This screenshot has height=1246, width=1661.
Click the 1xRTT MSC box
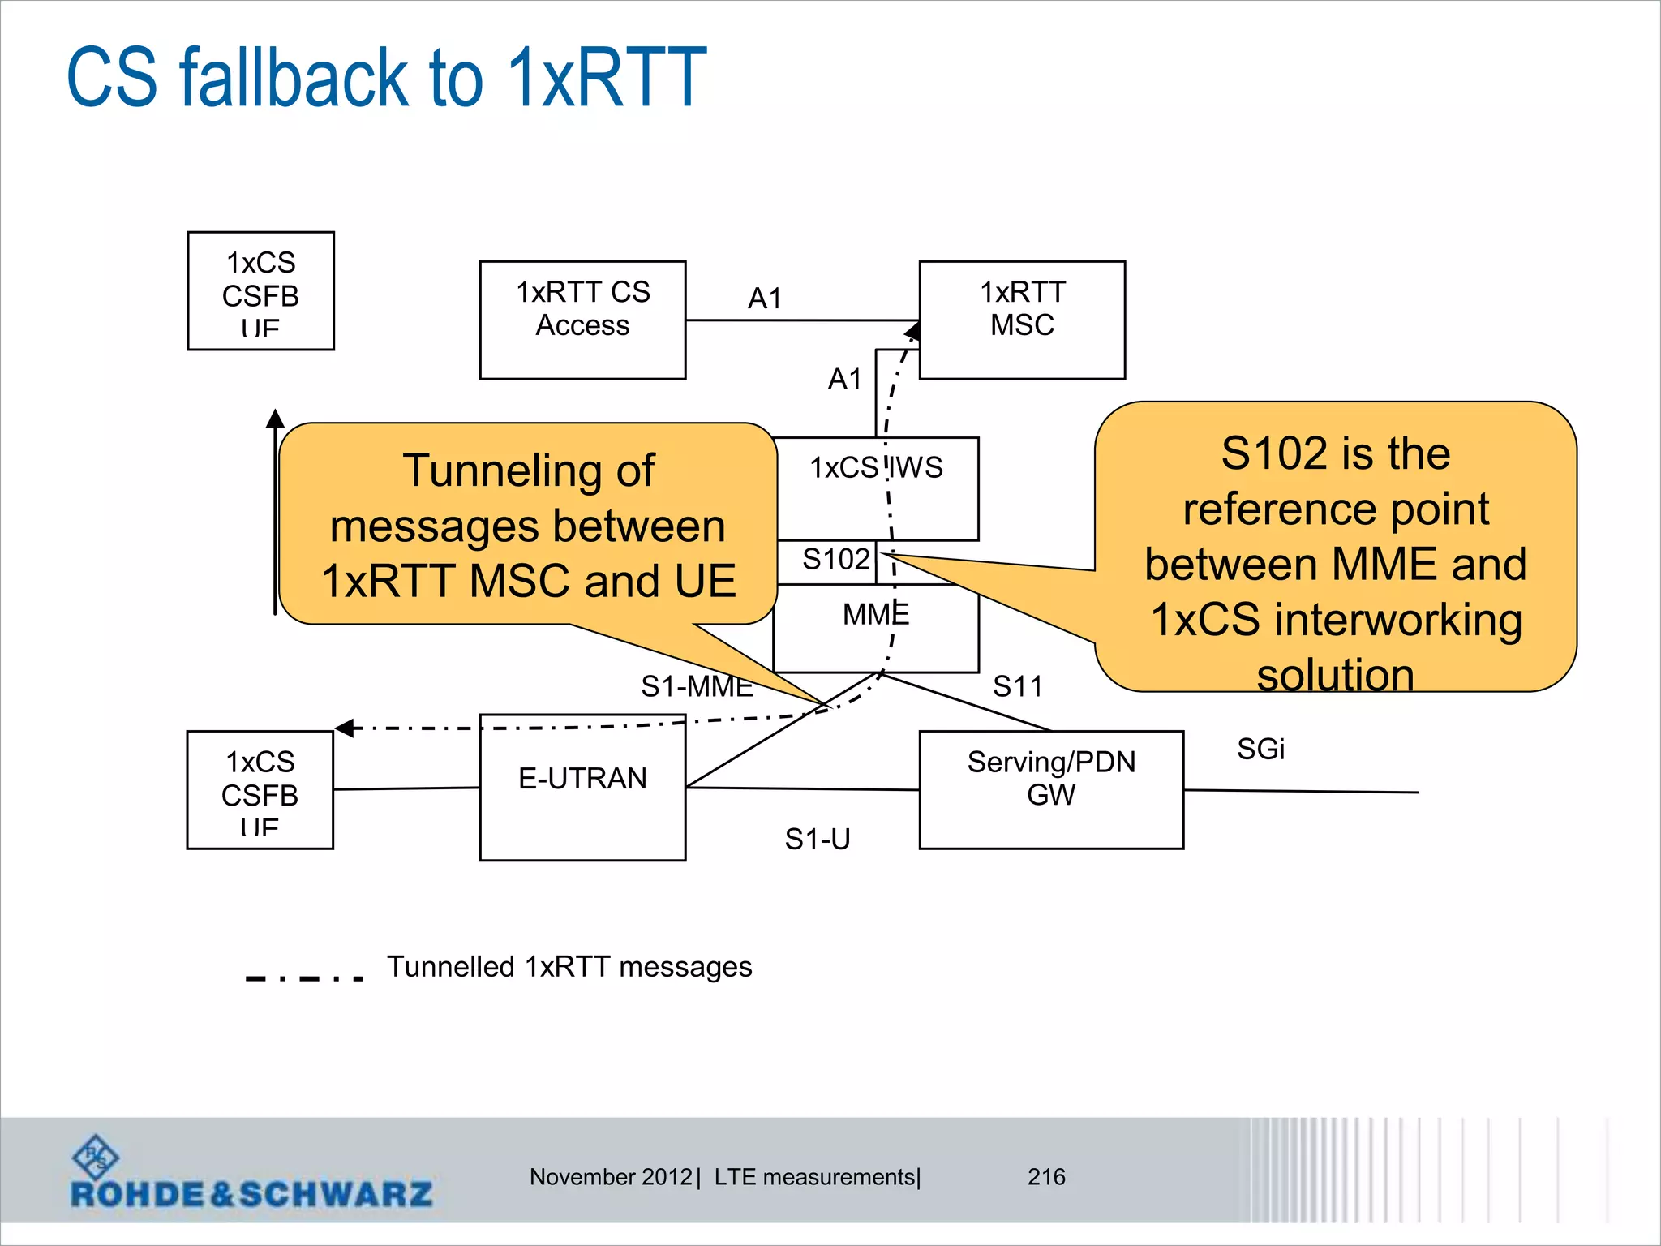pyautogui.click(x=1022, y=320)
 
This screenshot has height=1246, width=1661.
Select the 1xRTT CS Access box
pyautogui.click(x=582, y=320)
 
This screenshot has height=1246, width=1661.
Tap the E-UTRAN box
pyautogui.click(x=582, y=787)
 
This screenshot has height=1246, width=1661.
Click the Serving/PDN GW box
pyautogui.click(x=1051, y=789)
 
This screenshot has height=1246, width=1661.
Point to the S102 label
pyautogui.click(x=835, y=560)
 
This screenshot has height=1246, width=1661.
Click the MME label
pyautogui.click(x=876, y=615)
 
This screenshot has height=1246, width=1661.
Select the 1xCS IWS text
pyautogui.click(x=876, y=468)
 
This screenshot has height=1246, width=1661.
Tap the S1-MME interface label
pyautogui.click(x=697, y=687)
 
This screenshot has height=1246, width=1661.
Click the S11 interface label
pyautogui.click(x=1017, y=687)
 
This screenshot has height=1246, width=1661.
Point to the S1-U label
pyautogui.click(x=818, y=839)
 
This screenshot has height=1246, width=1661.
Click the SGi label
pyautogui.click(x=1260, y=749)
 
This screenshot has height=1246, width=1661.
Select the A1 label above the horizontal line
pyautogui.click(x=765, y=299)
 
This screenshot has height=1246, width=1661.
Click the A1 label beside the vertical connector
pyautogui.click(x=844, y=379)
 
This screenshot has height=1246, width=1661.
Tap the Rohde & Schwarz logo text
pyautogui.click(x=251, y=1194)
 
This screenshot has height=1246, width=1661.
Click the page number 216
pyautogui.click(x=1046, y=1177)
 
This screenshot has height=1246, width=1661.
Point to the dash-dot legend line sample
pyautogui.click(x=304, y=978)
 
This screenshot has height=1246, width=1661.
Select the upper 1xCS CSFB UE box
pyautogui.click(x=260, y=291)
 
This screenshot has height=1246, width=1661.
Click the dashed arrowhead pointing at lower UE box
pyautogui.click(x=345, y=728)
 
